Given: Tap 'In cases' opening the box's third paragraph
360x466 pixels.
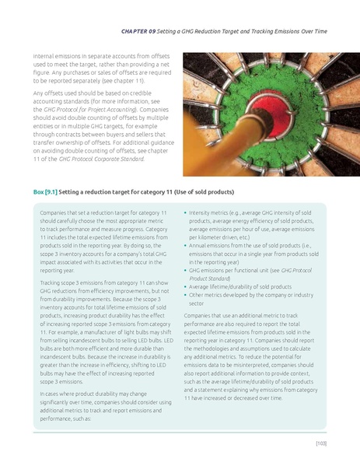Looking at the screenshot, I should click(51, 394).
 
